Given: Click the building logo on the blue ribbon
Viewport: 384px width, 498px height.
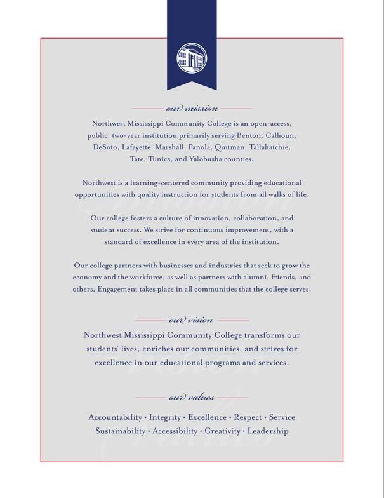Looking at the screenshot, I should pos(192,59).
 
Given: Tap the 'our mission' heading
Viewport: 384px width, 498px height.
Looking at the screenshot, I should pos(192,109).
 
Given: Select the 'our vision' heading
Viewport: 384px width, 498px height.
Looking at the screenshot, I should pos(192,320).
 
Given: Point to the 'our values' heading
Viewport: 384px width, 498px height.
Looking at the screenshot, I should pos(192,398).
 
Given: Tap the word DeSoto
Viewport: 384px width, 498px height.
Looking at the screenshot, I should pos(105,147).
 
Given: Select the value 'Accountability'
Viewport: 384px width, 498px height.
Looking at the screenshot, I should pos(115,417).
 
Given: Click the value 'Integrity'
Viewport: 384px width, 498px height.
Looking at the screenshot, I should pos(165,417).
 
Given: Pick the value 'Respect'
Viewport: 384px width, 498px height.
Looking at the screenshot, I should pos(248,417).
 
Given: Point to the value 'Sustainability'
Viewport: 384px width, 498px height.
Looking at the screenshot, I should pos(120,431).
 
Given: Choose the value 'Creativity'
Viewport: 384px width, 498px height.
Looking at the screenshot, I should pos(222,431).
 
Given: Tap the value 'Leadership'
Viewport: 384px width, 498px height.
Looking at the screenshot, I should pos(268,431).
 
